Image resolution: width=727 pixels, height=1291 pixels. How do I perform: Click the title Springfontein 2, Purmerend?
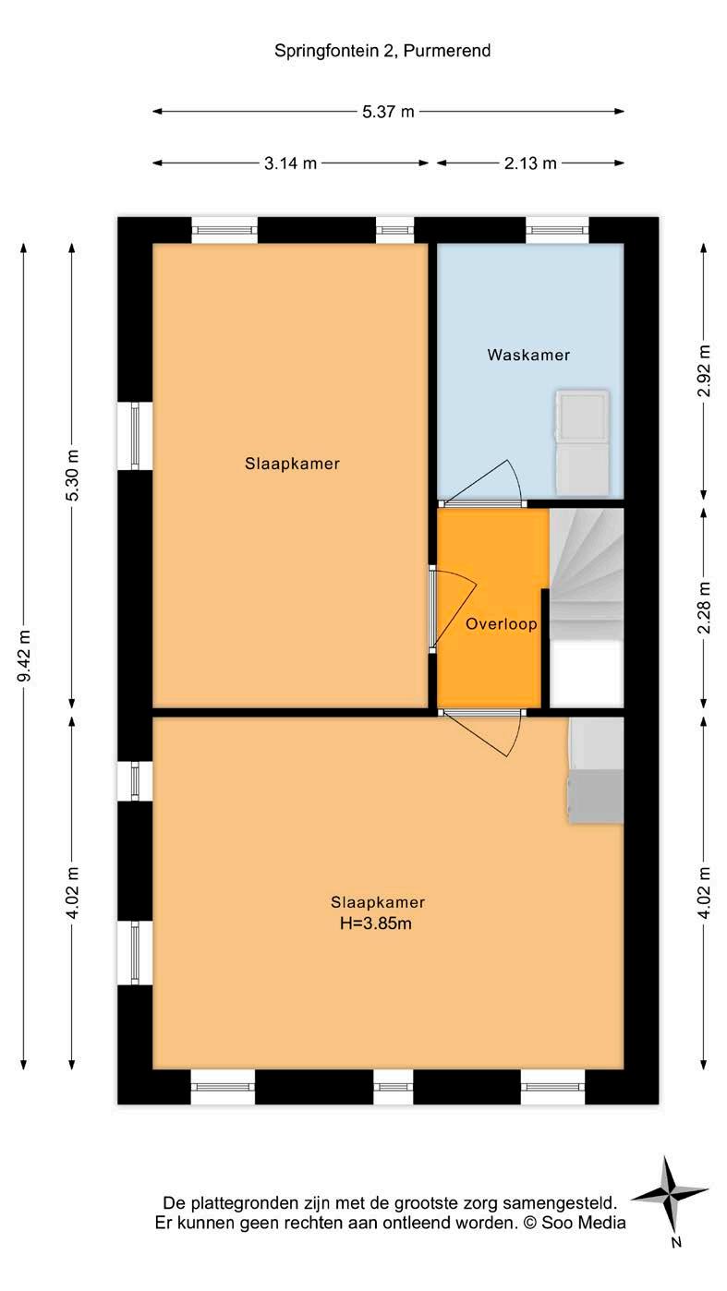point(382,52)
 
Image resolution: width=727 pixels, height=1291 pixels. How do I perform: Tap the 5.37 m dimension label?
point(388,112)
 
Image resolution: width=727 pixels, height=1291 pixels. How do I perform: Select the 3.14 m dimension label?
point(290,163)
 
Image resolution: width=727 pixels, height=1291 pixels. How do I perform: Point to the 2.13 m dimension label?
point(530,163)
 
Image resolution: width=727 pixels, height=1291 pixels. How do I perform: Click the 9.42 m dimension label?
point(25,656)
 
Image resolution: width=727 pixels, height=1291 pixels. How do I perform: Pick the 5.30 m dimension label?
point(73,475)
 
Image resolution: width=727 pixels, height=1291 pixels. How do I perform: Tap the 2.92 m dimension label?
point(705,370)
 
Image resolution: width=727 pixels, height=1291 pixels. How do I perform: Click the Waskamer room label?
point(528,355)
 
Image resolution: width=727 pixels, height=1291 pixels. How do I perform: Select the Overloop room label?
point(502,624)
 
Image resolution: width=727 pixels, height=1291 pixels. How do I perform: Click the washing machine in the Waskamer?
point(582,442)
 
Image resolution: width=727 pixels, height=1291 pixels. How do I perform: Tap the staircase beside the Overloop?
point(587,573)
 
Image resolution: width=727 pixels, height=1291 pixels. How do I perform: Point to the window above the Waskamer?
point(557,229)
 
